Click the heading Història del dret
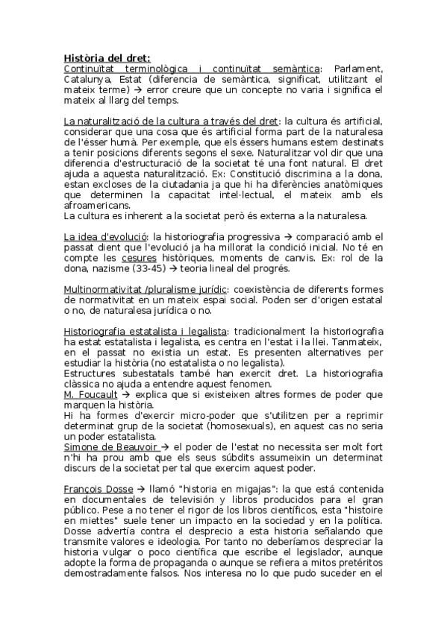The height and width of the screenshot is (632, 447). [x=107, y=57]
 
